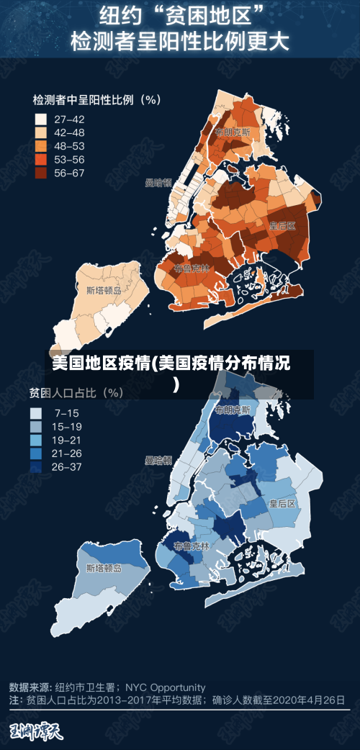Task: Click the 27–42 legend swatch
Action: pyautogui.click(x=41, y=119)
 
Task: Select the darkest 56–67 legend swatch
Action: pyautogui.click(x=41, y=173)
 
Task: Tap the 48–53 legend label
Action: pyautogui.click(x=70, y=146)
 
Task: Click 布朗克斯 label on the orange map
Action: pyautogui.click(x=232, y=132)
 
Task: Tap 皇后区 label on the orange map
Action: pyautogui.click(x=283, y=225)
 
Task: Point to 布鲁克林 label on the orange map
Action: pyautogui.click(x=192, y=268)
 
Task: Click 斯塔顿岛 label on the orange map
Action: pyautogui.click(x=104, y=291)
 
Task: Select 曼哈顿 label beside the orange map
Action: pyautogui.click(x=158, y=183)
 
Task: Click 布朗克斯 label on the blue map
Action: pyautogui.click(x=233, y=410)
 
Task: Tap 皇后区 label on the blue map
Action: pyautogui.click(x=283, y=503)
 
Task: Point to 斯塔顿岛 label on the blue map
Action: pyautogui.click(x=104, y=568)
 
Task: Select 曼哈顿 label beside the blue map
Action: pyautogui.click(x=158, y=460)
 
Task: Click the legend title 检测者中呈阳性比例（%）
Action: pyautogui.click(x=96, y=100)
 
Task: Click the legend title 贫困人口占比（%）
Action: pyautogui.click(x=76, y=393)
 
